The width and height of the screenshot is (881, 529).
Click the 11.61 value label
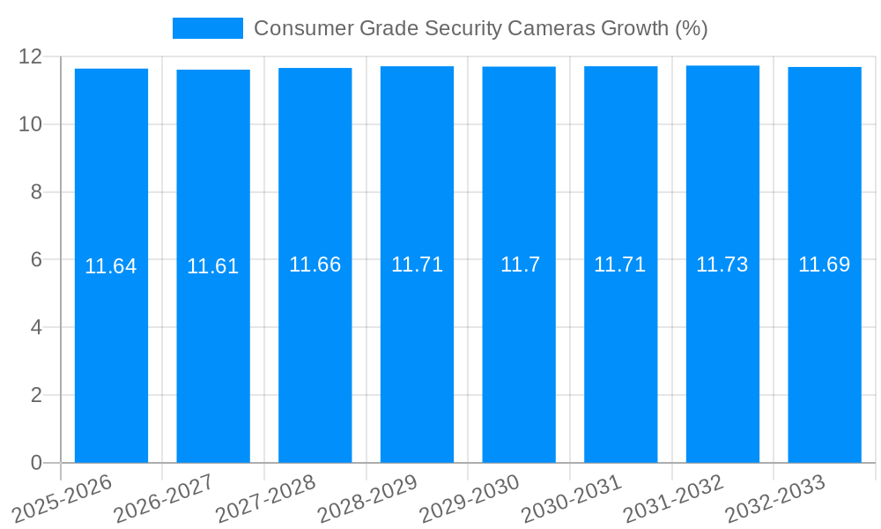coord(213,266)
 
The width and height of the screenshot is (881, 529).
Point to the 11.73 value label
coord(722,264)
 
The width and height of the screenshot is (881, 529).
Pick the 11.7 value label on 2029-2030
coord(520,264)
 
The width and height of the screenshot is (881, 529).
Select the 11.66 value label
coord(315,264)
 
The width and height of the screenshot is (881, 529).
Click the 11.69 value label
coord(825,264)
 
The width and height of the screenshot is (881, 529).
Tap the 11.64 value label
coord(111,266)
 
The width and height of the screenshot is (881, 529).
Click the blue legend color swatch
coord(207,28)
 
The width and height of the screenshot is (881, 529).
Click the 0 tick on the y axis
coord(36,463)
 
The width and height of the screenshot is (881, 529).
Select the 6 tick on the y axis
coord(36,260)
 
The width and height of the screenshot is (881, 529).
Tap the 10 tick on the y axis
coord(30,124)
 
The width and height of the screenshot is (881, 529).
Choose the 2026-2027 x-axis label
coord(164,498)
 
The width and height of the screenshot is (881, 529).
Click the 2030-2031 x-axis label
coord(572,498)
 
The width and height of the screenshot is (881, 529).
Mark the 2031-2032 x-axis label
coord(674,498)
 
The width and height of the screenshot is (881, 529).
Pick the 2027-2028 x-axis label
coord(266,498)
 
